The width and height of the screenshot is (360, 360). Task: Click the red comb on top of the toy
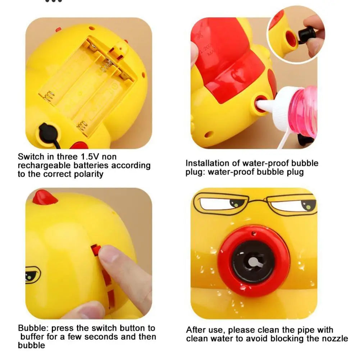pos(44,197)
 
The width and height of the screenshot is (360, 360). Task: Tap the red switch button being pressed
pos(96,250)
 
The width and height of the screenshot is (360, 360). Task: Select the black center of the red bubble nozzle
pos(253,262)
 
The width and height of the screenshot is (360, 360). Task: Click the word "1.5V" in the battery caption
pos(90,156)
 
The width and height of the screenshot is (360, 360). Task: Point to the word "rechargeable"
pos(45,166)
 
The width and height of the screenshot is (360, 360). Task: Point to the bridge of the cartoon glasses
pos(258,201)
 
